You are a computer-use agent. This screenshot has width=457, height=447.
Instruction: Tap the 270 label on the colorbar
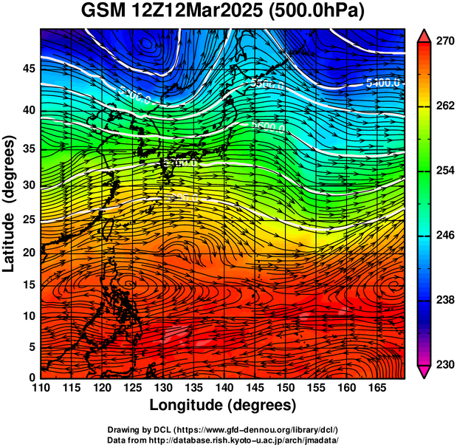[x=444, y=41]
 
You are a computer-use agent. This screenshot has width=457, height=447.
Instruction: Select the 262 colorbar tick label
[x=444, y=106]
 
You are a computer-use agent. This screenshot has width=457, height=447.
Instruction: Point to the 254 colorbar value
[x=444, y=171]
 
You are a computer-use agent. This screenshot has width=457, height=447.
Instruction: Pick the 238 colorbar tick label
[x=444, y=300]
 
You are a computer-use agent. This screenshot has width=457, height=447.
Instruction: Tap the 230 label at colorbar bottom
[x=444, y=364]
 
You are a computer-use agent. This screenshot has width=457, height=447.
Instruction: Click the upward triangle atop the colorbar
[x=425, y=35]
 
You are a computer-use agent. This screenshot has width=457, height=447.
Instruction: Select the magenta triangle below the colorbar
[x=425, y=372]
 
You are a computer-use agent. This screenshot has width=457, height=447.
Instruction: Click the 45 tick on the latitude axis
[x=29, y=69]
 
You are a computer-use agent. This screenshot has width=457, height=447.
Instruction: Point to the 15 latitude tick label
[x=29, y=284]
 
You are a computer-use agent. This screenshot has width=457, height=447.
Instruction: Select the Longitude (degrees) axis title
[x=223, y=405]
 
